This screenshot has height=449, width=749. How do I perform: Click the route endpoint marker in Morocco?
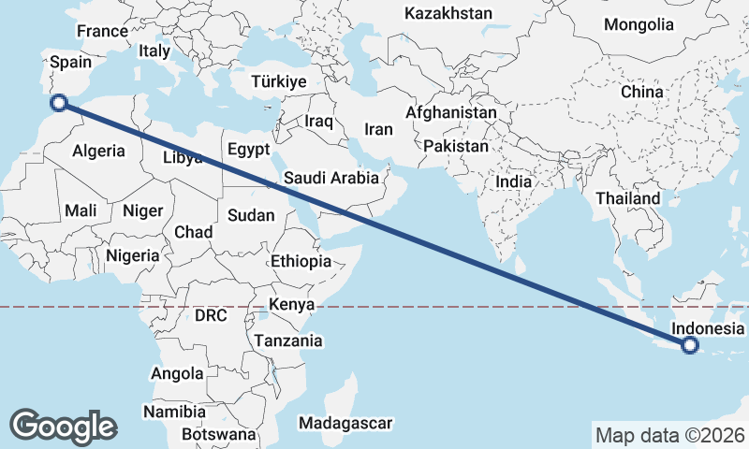click(x=58, y=103)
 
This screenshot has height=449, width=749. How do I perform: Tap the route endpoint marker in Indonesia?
click(x=690, y=345)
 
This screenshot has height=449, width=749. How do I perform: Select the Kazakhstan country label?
click(x=448, y=13)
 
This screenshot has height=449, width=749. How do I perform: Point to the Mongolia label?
click(x=639, y=24)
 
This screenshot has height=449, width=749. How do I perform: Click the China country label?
click(x=641, y=92)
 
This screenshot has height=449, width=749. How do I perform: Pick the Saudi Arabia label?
click(x=331, y=178)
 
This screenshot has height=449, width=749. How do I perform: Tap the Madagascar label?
click(x=345, y=423)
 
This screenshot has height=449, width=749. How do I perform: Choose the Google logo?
click(x=63, y=426)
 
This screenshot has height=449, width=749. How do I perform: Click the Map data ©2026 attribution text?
click(x=670, y=435)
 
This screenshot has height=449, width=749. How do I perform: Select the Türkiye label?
click(x=279, y=82)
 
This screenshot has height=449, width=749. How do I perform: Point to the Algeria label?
click(x=98, y=151)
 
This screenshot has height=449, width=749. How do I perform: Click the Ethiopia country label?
click(x=301, y=261)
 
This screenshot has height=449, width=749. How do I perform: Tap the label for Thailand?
click(x=627, y=198)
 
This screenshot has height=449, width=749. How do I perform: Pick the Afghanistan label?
click(x=451, y=112)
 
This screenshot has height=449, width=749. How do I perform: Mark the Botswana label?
click(x=219, y=434)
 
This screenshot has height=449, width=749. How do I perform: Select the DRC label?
click(x=211, y=315)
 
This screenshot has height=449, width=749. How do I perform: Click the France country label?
click(x=102, y=31)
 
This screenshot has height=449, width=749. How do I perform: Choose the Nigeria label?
click(x=132, y=254)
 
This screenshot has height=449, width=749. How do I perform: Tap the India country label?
click(x=513, y=182)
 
